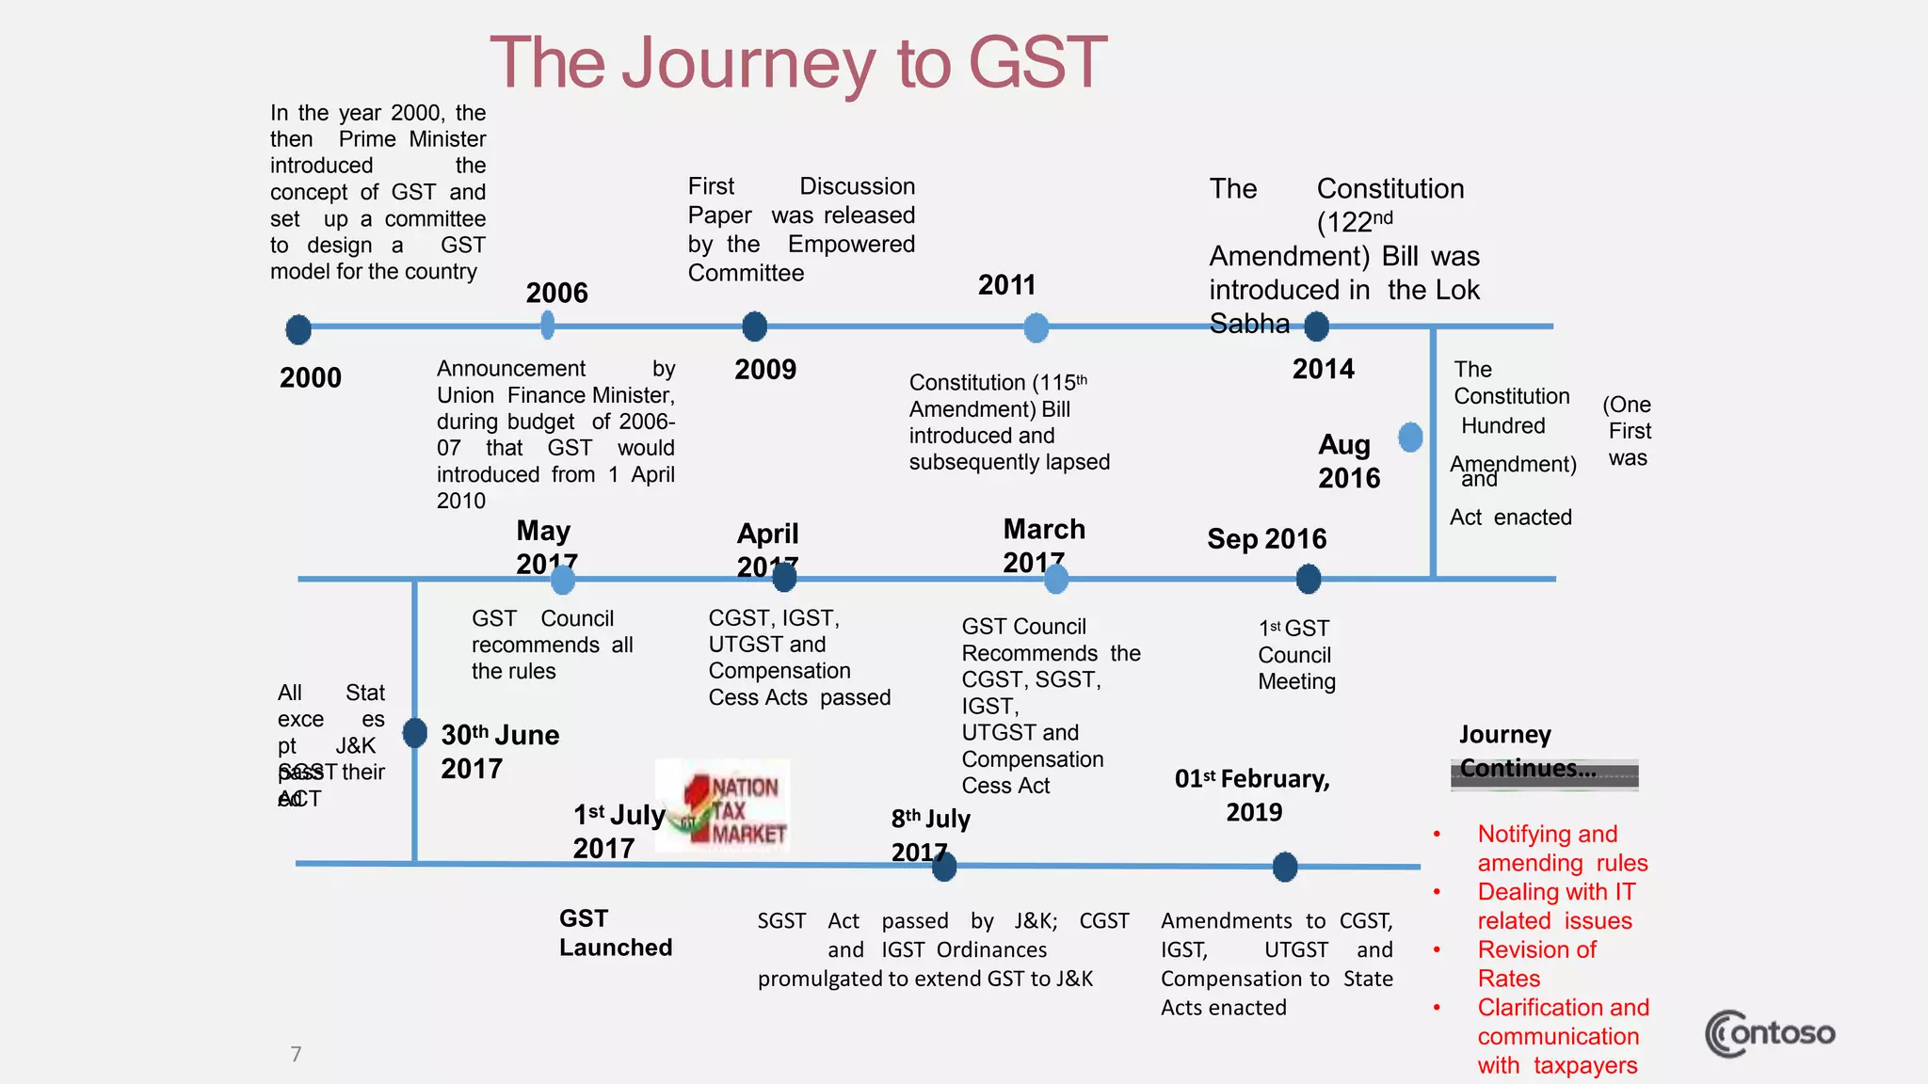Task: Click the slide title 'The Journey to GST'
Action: pos(798,63)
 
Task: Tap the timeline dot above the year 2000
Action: pos(298,329)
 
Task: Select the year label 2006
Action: pos(556,293)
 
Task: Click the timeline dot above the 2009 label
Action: pos(754,327)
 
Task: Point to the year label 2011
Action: pos(1006,285)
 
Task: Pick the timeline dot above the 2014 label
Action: pos(1316,327)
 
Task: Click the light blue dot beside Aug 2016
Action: pos(1410,437)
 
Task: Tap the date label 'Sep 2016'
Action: pos(1266,539)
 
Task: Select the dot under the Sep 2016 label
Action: pos(1309,579)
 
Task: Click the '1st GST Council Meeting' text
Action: pos(1296,655)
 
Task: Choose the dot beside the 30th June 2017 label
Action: pos(414,732)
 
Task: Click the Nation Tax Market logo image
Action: pos(723,805)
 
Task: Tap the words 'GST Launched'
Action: pos(615,933)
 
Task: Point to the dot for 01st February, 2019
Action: pos(1285,867)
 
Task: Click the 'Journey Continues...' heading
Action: pos(1527,752)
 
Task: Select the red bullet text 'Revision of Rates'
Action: pos(1536,964)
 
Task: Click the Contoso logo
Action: pos(1770,1034)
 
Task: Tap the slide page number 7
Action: pos(296,1054)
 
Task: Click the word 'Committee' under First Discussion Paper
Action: pos(746,273)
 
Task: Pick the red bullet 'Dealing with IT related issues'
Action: pos(1555,906)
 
